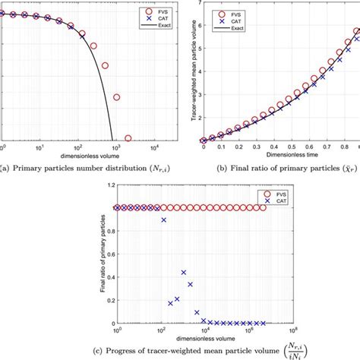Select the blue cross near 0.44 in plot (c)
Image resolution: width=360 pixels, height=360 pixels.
183,272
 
